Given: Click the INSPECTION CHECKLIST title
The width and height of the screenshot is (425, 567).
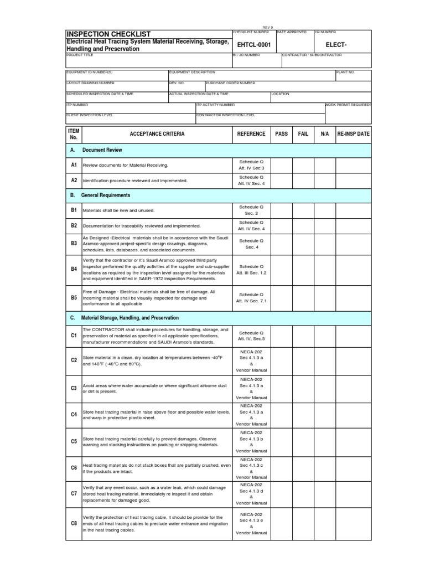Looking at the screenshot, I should tap(108, 34).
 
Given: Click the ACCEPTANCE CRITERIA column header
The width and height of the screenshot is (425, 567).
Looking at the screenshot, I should tap(157, 134).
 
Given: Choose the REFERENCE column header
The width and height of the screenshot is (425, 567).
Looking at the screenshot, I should tap(251, 134).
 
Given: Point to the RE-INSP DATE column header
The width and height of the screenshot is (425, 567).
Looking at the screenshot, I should tap(353, 134).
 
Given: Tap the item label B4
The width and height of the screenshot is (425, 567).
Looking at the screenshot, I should tap(74, 269).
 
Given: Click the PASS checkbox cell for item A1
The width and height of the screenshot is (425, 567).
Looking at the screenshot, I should tap(281, 165).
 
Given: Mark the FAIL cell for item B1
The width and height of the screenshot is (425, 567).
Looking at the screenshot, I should tap(303, 210).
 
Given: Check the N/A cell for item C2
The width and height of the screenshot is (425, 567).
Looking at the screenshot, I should tap(325, 360).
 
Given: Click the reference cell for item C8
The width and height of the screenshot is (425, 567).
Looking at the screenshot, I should tap(251, 523).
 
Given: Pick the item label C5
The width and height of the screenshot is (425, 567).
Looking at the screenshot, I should tap(74, 441).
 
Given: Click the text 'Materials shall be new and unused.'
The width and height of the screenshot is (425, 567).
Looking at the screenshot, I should tap(118, 211).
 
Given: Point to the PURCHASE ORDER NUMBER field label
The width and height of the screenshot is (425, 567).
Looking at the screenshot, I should tap(230, 83).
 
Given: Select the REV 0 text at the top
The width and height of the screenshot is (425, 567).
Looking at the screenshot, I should tap(268, 27).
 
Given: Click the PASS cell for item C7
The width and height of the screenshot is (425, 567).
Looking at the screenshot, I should tap(281, 493).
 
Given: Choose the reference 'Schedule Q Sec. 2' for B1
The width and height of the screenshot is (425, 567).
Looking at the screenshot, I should tap(251, 210).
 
